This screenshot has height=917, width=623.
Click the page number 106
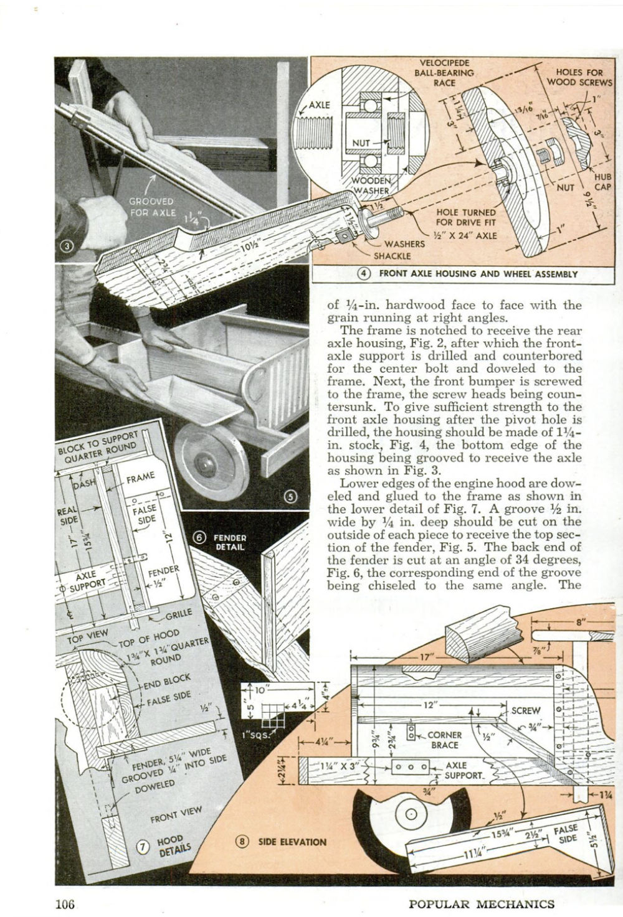click(x=64, y=903)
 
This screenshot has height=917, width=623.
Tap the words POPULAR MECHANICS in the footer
click(x=481, y=904)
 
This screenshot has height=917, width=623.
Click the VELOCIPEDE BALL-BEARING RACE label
click(x=444, y=72)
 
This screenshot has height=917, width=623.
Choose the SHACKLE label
click(x=392, y=255)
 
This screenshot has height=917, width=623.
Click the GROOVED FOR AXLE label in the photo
click(x=151, y=207)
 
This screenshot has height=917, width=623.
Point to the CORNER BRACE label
click(x=444, y=740)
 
